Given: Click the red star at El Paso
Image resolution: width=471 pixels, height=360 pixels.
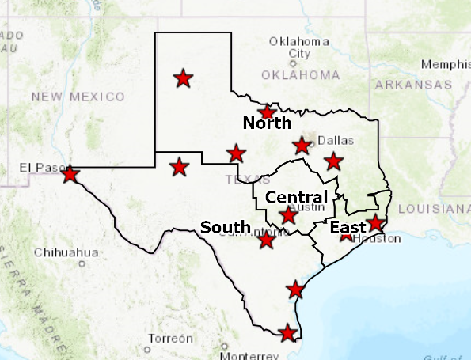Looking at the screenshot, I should pyautogui.click(x=70, y=173).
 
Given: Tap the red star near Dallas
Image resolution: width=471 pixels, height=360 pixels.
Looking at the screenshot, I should pyautogui.click(x=302, y=146).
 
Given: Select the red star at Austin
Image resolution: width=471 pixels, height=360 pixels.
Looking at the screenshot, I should pyautogui.click(x=289, y=215).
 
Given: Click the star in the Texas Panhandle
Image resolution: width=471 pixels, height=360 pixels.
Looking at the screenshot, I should pyautogui.click(x=183, y=78).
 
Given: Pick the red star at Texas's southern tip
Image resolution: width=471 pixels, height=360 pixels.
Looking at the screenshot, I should pyautogui.click(x=288, y=333).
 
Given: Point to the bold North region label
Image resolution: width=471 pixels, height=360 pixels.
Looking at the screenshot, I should pyautogui.click(x=267, y=123).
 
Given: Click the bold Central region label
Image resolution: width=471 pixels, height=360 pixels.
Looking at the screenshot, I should pyautogui.click(x=296, y=197).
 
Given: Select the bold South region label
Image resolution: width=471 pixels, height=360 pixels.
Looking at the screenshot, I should pyautogui.click(x=226, y=228).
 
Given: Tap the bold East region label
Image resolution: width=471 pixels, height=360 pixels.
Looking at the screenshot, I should pyautogui.click(x=348, y=229).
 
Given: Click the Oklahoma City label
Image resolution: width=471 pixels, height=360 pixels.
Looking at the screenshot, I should pyautogui.click(x=299, y=47).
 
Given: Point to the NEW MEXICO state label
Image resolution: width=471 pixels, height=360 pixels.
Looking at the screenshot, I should pyautogui.click(x=78, y=97).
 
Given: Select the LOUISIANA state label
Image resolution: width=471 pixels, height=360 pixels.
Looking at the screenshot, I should pyautogui.click(x=433, y=209).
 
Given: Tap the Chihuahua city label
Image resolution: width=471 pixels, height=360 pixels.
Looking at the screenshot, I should pyautogui.click(x=66, y=252).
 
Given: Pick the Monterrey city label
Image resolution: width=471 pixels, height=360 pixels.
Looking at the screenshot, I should pyautogui.click(x=249, y=355).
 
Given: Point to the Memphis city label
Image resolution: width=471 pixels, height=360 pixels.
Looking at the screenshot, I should pyautogui.click(x=446, y=64).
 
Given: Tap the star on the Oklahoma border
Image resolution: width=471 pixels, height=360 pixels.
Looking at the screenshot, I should pyautogui.click(x=268, y=112).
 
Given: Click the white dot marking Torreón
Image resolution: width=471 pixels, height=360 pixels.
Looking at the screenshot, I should pyautogui.click(x=148, y=349).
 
